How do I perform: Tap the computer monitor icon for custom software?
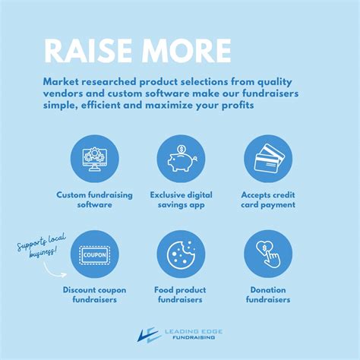(94, 159)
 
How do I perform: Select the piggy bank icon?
(181, 159)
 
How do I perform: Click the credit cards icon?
(267, 159)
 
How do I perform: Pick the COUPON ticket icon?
(94, 254)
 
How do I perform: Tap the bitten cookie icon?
(181, 254)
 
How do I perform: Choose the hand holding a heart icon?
(267, 254)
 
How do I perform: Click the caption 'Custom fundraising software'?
(94, 200)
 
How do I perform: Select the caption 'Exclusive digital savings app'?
(181, 200)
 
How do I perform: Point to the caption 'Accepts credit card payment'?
(267, 200)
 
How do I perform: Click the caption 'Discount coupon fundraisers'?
(94, 295)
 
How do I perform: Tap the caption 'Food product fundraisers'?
(181, 295)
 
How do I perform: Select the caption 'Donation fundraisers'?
(267, 295)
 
